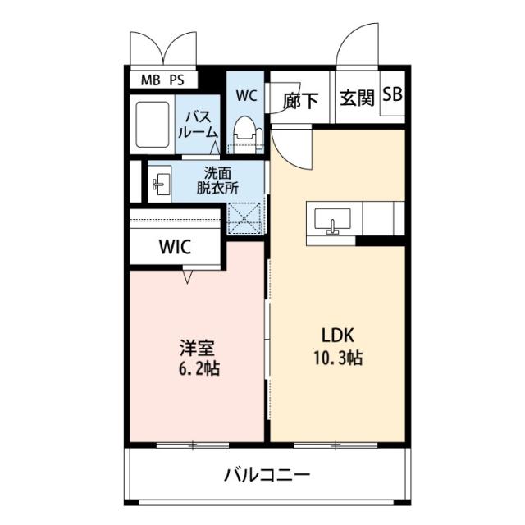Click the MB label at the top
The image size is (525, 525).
pyautogui.click(x=152, y=80)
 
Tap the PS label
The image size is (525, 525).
pyautogui.click(x=177, y=80)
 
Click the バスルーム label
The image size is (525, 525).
pyautogui.click(x=200, y=124)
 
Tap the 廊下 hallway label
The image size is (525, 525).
pyautogui.click(x=301, y=101)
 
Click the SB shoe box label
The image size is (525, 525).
pyautogui.click(x=392, y=96)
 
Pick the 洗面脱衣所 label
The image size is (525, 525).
pyautogui.click(x=217, y=180)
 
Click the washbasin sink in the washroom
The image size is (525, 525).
pyautogui.click(x=159, y=185)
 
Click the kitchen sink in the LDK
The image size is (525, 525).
pyautogui.click(x=332, y=221)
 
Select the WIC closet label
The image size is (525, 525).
pyautogui.click(x=176, y=247)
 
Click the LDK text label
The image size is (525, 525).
pyautogui.click(x=337, y=336)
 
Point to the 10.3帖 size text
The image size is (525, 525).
pyautogui.click(x=338, y=358)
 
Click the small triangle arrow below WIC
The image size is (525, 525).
pyautogui.click(x=188, y=277)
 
